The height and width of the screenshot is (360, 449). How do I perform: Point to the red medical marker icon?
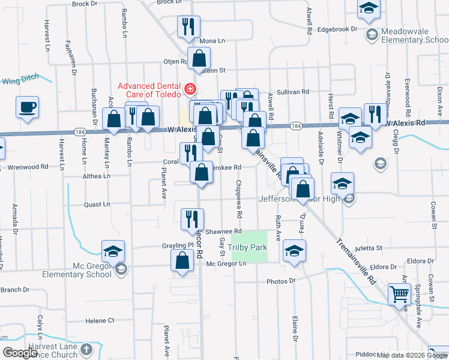tap(190, 90)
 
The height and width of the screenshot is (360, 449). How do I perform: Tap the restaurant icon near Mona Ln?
tap(188, 26)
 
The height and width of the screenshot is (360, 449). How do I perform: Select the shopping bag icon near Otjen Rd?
tap(199, 59)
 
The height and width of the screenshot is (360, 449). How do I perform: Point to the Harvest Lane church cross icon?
tap(86, 349)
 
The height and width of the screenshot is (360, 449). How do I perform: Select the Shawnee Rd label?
tap(223, 231)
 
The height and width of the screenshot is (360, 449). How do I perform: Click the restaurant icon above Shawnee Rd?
tap(193, 218)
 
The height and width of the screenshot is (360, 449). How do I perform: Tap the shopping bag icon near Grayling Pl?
tap(182, 261)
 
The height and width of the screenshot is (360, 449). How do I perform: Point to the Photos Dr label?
tap(282, 281)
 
